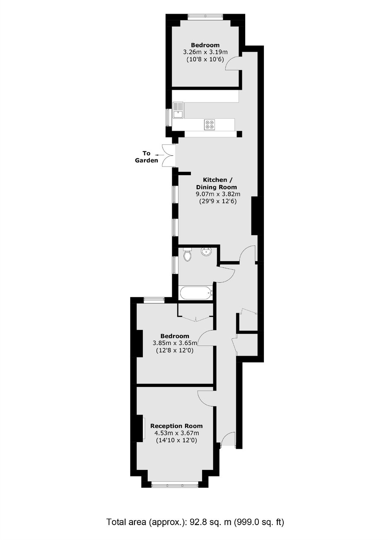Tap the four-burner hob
pos(209,125)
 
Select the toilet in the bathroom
pos(187,254)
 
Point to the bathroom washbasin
pos(206,252)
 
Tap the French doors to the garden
pos(168,155)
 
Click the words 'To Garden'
pos(146,157)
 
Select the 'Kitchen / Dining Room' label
pos(216,183)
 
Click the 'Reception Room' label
pos(176,426)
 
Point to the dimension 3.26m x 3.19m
pos(205,52)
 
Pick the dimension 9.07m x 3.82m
pos(218,194)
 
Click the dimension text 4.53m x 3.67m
pos(177,433)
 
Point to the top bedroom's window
pos(205,16)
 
